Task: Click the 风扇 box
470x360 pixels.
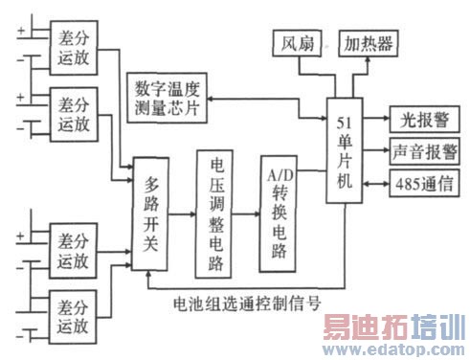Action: [292, 44]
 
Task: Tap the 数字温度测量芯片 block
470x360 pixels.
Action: [167, 97]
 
